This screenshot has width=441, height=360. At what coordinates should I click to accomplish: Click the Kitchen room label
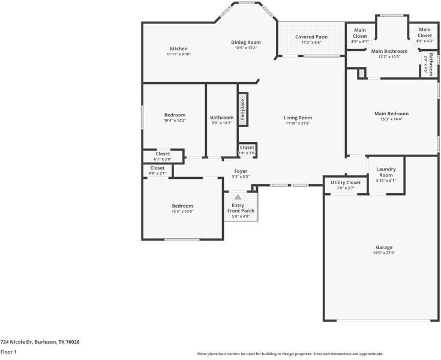tap(178, 49)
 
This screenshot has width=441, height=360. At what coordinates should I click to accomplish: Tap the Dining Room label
tap(246, 43)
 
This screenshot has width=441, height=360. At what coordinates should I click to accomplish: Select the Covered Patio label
tap(311, 37)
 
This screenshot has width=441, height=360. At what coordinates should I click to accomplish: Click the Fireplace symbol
tap(243, 109)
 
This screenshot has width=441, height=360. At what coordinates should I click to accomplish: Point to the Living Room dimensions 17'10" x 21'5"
tap(298, 124)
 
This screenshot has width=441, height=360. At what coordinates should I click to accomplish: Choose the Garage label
tap(384, 247)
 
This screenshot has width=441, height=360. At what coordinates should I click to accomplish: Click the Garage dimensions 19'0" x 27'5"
tap(384, 253)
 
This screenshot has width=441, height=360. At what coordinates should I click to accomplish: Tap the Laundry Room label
tap(386, 172)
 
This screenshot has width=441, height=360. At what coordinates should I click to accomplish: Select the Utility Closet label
tap(346, 182)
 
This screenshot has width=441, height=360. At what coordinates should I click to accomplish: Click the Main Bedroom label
tap(391, 113)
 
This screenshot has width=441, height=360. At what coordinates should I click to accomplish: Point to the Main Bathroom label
tap(389, 52)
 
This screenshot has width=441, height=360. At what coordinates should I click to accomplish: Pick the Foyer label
tap(240, 171)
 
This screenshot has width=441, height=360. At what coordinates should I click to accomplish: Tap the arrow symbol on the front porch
tap(238, 197)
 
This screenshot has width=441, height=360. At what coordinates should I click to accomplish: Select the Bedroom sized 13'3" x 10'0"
tap(182, 206)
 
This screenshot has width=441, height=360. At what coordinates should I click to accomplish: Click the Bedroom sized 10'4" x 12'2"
tap(175, 115)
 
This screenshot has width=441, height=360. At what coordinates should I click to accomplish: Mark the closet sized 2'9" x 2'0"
tap(247, 150)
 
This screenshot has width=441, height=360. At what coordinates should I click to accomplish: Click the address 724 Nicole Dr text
tap(40, 342)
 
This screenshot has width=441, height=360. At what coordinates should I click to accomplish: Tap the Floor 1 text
tap(8, 352)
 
